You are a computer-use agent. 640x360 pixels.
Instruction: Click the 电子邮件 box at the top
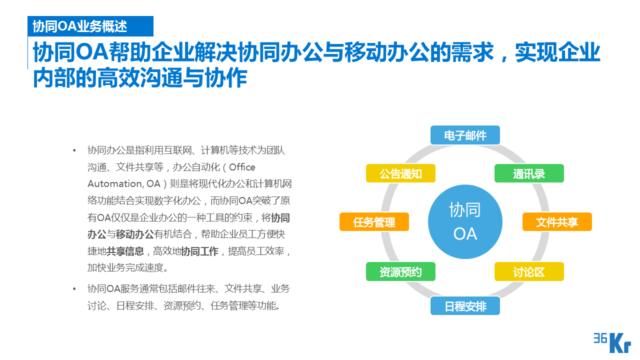click(x=465, y=135)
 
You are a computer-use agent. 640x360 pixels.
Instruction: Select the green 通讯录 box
click(x=529, y=173)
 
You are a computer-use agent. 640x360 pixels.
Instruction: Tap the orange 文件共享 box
click(x=557, y=222)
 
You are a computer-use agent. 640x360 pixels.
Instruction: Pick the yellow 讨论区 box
click(x=529, y=271)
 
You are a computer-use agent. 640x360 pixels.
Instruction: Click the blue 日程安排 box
click(x=465, y=305)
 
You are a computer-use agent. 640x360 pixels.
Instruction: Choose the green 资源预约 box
click(x=400, y=271)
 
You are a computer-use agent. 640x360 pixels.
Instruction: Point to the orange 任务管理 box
click(x=374, y=222)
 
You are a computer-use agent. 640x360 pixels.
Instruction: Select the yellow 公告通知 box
click(x=400, y=173)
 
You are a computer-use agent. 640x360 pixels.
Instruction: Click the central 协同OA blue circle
click(x=465, y=221)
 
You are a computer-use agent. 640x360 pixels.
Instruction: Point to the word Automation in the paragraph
click(x=110, y=183)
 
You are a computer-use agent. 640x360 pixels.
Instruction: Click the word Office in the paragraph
click(x=242, y=167)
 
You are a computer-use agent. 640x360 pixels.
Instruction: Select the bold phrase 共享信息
click(x=125, y=251)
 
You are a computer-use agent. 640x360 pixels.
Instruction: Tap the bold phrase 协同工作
click(x=199, y=251)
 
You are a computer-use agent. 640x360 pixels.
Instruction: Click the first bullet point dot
click(x=74, y=150)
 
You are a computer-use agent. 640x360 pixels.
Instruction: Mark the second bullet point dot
click(x=74, y=289)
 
